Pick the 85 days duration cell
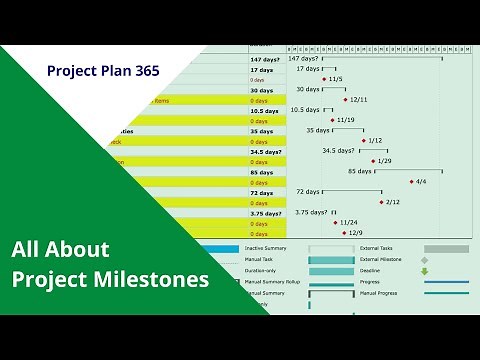tap(261, 171)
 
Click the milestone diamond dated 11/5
tap(324, 79)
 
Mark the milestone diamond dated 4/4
tap(411, 181)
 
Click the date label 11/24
tap(349, 223)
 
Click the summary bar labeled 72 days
tap(352, 190)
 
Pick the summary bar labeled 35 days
tap(351, 129)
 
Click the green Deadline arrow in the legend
tap(424, 271)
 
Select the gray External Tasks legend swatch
tap(446, 249)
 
